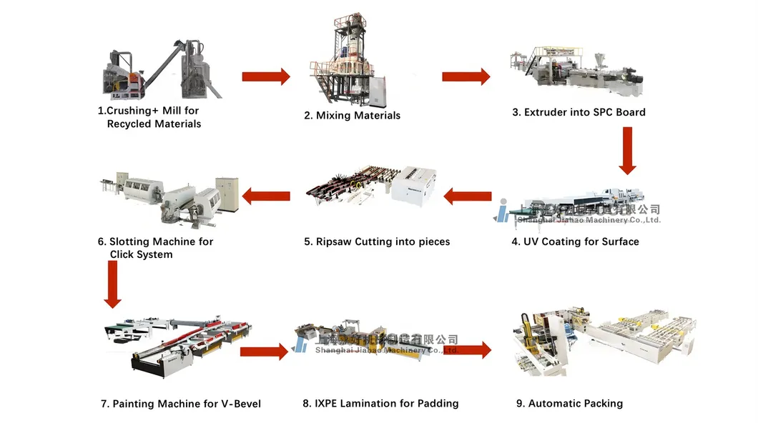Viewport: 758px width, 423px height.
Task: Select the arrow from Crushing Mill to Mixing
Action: click(266, 76)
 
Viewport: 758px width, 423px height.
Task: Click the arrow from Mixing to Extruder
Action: click(466, 76)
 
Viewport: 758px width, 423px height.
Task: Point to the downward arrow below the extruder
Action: click(627, 150)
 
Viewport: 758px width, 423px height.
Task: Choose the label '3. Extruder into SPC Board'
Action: click(578, 112)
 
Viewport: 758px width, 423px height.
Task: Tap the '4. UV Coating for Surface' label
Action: click(575, 242)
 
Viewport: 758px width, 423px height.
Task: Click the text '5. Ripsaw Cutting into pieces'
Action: click(377, 242)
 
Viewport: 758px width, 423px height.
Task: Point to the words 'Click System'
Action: click(141, 254)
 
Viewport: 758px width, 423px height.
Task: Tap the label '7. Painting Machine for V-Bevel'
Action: click(180, 404)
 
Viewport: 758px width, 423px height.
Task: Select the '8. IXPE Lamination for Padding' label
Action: click(380, 404)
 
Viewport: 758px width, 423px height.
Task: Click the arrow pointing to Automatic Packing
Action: click(469, 350)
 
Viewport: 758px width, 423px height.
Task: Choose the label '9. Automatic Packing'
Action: click(569, 404)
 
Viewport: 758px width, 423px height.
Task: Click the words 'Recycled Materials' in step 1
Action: click(154, 124)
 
